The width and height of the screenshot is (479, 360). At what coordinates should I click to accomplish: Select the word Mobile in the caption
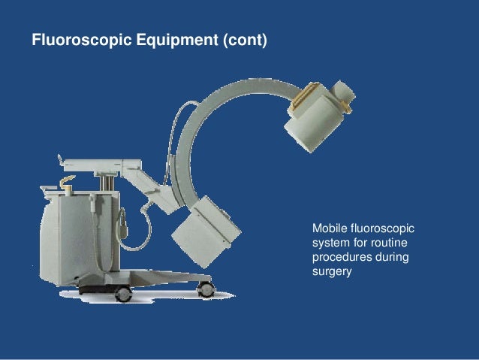(x=329, y=228)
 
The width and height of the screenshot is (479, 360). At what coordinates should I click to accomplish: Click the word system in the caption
(x=329, y=243)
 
